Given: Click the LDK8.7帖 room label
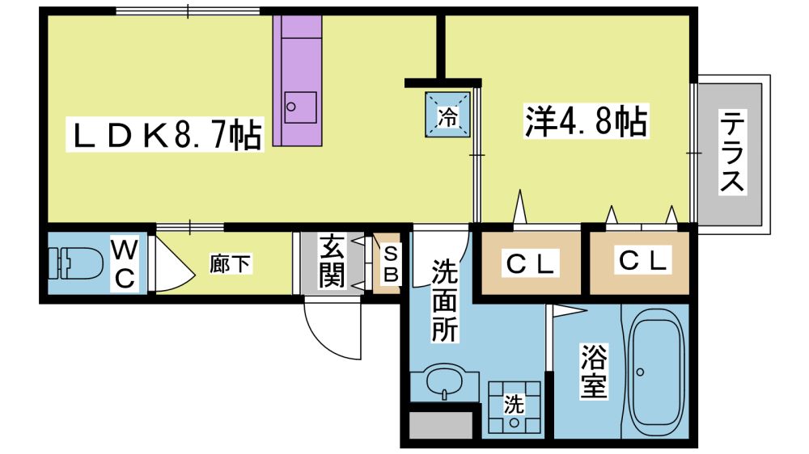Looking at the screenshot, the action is click(x=165, y=134).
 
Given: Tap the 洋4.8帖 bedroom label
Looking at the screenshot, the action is click(x=586, y=122).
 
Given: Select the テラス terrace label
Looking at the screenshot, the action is click(x=732, y=152).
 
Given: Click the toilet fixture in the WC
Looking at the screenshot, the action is click(x=75, y=263).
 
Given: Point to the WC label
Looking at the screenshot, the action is click(x=125, y=265).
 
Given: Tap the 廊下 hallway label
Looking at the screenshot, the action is click(x=230, y=264).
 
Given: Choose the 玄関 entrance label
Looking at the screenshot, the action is click(x=331, y=260).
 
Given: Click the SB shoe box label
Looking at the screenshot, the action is click(x=391, y=264).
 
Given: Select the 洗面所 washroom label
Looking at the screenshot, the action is click(x=444, y=301).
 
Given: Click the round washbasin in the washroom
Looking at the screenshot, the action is click(x=445, y=381).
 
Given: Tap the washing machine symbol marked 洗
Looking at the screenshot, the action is click(x=514, y=406).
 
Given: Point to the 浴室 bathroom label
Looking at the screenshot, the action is click(x=593, y=371).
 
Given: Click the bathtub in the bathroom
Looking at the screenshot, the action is click(x=657, y=372).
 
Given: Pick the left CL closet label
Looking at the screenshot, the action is click(x=531, y=263).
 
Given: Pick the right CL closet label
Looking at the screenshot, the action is click(x=643, y=260).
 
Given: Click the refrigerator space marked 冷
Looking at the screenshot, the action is click(x=447, y=115).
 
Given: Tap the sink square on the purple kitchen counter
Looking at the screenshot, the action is click(x=300, y=107).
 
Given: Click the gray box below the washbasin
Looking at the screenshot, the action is click(x=442, y=425).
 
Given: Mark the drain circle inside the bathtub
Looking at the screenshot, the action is click(x=640, y=372).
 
